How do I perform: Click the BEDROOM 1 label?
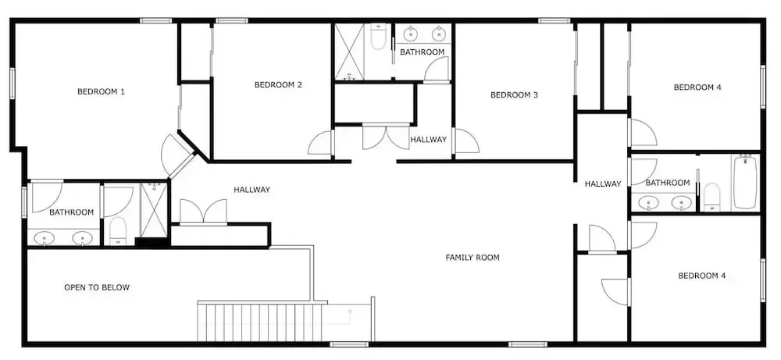pos(101,91)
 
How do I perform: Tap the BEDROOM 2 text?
pos(278,84)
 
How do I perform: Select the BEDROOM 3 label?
pos(514,94)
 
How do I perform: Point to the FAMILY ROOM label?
pos(473,258)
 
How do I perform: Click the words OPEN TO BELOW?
pos(97,287)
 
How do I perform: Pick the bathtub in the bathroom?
pos(745,182)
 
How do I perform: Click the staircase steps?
pos(259,322)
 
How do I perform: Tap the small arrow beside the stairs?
pos(350,314)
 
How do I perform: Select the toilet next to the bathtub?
pos(712,197)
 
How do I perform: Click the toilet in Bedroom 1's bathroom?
pos(118,231)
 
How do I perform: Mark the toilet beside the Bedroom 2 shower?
pos(378,37)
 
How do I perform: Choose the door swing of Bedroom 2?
pos(319,143)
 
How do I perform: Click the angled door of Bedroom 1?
pos(177,155)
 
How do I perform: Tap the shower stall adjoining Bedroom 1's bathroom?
pos(154,210)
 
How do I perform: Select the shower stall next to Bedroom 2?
pos(349,52)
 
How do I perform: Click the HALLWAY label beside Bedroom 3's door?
pos(428,140)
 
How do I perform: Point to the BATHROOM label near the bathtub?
pos(668,183)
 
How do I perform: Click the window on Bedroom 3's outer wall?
pos(555,20)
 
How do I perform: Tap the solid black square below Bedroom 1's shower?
pos(152,243)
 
